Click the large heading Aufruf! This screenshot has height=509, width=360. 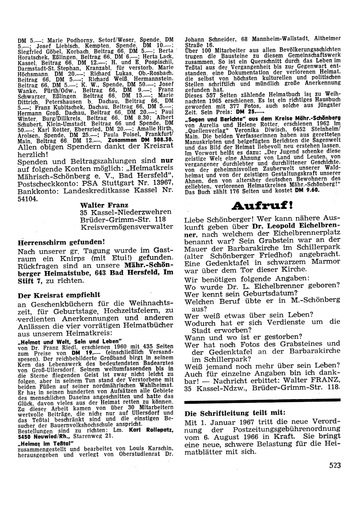[x=262, y=206]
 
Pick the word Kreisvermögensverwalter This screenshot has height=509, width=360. [x=127, y=227]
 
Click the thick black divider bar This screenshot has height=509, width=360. [x=262, y=400]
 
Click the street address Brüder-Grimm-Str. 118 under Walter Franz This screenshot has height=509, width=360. [x=123, y=219]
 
